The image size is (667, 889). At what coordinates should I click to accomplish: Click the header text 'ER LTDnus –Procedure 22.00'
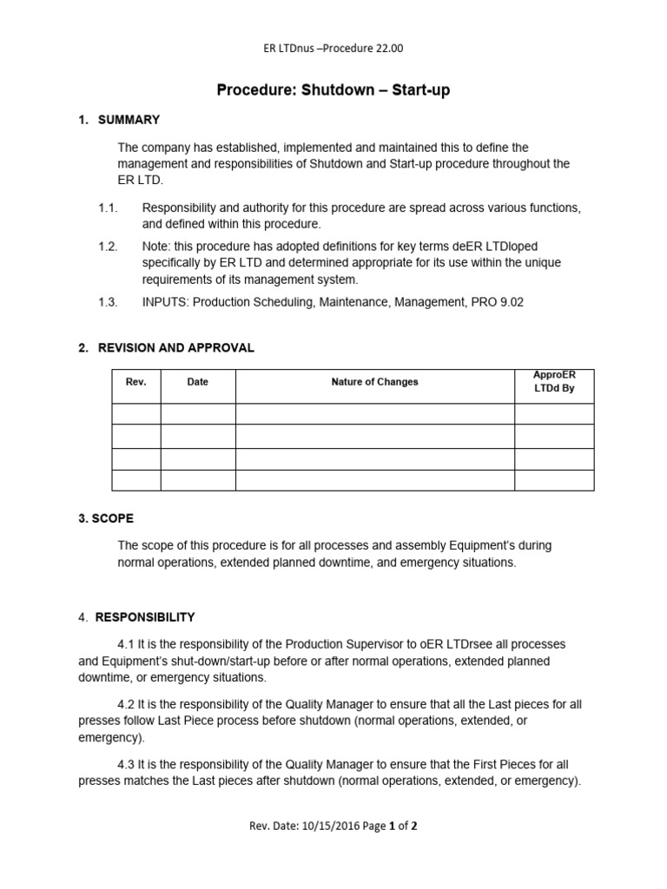(333, 48)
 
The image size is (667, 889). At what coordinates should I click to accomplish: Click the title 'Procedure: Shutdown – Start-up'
(333, 90)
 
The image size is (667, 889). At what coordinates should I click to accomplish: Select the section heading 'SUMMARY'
(129, 120)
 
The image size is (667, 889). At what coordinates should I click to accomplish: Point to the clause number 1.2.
(108, 247)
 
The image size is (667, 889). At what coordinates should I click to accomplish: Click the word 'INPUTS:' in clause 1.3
(165, 302)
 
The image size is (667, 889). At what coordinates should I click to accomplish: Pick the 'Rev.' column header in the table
(136, 382)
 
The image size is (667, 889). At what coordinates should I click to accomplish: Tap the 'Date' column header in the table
(198, 382)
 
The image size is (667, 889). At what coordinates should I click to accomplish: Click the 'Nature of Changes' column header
(374, 382)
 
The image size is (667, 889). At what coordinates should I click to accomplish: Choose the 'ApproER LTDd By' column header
(554, 382)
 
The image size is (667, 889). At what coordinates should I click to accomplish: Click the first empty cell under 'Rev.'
(136, 413)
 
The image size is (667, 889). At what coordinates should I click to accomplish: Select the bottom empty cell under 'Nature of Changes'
(374, 480)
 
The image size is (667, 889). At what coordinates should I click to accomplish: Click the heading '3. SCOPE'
(106, 518)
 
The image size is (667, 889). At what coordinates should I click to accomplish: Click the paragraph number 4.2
(127, 705)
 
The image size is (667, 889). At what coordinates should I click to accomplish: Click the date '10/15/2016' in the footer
(328, 826)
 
